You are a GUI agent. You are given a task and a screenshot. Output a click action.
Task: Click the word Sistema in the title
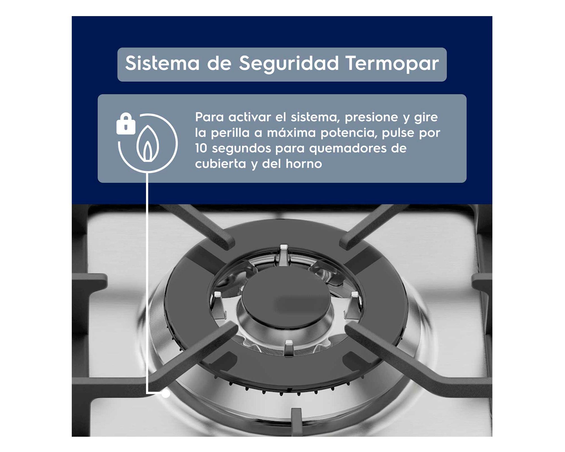tap(162, 63)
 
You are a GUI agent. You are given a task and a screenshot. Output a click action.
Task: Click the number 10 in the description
tap(201, 148)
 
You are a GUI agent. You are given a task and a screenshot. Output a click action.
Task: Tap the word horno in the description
tap(304, 164)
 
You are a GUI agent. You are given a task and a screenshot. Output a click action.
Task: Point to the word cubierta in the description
tap(220, 164)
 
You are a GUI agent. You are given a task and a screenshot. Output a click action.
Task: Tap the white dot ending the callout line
tap(166, 394)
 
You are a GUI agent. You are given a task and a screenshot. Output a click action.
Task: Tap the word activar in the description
tap(249, 117)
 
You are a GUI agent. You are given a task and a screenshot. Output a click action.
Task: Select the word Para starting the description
tap(209, 117)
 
